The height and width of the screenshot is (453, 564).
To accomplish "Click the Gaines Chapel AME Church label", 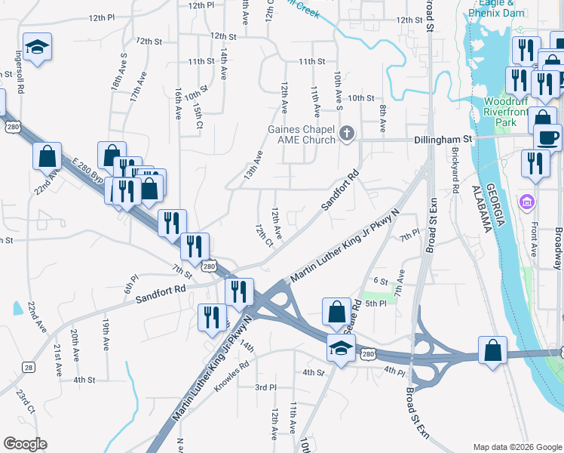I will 301,134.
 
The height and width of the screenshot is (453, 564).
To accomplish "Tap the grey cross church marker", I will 347,134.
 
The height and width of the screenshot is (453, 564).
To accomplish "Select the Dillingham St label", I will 443,140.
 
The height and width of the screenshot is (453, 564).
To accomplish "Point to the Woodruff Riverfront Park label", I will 510,111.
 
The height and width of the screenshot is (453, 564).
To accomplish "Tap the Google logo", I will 25,444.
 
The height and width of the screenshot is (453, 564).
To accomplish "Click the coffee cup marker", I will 548,138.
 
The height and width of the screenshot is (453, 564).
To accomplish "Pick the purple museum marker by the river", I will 526,202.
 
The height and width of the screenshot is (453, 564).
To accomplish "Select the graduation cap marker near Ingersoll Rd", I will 37,48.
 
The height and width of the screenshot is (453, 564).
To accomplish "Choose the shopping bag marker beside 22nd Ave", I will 47,156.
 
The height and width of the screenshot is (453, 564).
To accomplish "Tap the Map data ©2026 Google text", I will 516,446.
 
